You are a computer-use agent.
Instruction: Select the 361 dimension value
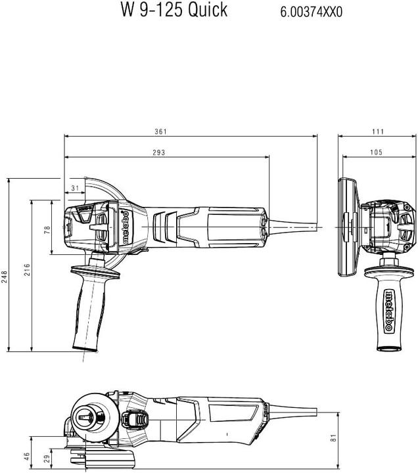pos(160,131)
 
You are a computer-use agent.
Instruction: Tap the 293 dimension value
pos(158,152)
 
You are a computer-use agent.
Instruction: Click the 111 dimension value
pos(377,131)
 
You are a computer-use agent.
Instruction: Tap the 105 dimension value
pos(376,152)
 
